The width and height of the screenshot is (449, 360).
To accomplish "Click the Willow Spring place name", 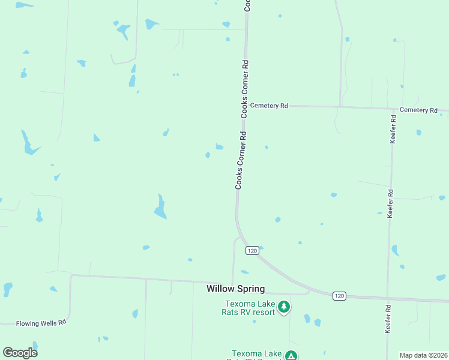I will click(x=235, y=289).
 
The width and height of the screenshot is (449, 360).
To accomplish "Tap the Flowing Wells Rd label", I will click(x=41, y=323).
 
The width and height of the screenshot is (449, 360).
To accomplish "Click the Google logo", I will click(x=20, y=353).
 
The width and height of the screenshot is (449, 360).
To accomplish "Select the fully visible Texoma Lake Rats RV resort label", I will click(x=250, y=308).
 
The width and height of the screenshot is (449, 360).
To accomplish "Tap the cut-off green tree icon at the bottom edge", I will click(x=291, y=355).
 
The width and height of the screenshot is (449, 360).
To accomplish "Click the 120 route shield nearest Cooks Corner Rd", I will click(x=252, y=250).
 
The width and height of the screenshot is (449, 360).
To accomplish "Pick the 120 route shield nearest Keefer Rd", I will click(x=339, y=295).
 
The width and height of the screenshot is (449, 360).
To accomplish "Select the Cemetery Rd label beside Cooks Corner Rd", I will click(x=269, y=106).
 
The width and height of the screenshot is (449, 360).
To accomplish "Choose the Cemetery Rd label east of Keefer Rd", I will click(x=418, y=110).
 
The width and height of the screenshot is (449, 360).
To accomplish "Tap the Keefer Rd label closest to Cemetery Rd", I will click(x=393, y=128).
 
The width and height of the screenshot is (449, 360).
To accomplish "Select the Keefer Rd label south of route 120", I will click(x=388, y=319).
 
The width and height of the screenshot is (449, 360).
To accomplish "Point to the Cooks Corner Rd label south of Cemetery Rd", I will click(x=241, y=161).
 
